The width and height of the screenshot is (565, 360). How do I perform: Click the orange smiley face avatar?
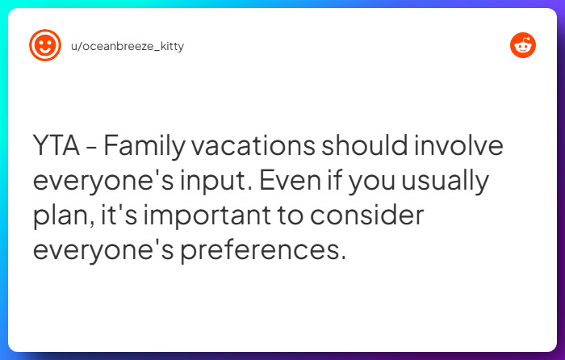click(x=45, y=45)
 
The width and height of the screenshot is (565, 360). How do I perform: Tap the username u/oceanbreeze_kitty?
click(x=128, y=46)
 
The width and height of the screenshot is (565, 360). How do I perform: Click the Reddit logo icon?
click(x=523, y=45)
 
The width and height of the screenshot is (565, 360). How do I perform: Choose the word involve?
click(x=462, y=148)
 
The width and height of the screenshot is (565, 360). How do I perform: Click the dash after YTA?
click(x=91, y=149)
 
